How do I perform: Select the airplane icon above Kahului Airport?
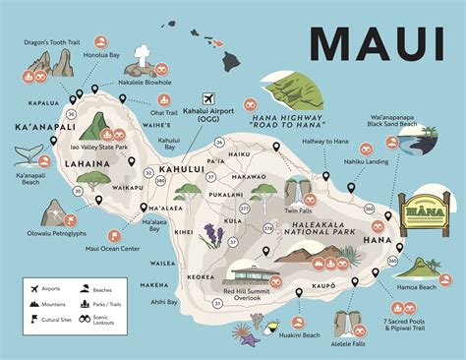pos(207,98)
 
